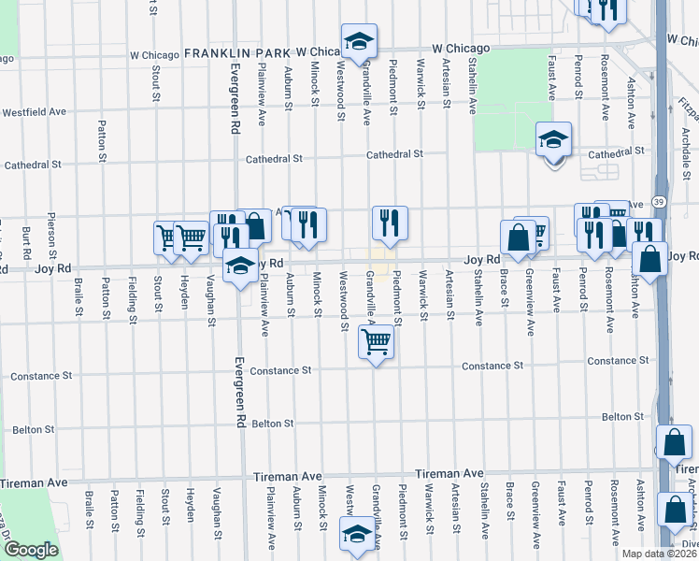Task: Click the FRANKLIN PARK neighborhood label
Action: click(x=238, y=52)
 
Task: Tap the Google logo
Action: click(x=31, y=550)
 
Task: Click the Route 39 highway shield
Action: click(x=660, y=202)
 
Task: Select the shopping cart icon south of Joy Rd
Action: click(x=376, y=342)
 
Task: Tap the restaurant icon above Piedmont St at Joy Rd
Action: click(x=390, y=223)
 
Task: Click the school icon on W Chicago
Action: click(x=358, y=41)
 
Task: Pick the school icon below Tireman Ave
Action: click(x=356, y=533)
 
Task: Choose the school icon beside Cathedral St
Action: click(x=553, y=140)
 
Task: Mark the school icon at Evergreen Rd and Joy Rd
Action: click(x=240, y=265)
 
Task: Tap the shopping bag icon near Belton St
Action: click(x=674, y=441)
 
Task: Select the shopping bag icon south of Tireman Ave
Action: click(x=675, y=510)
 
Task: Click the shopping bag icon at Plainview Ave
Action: click(x=254, y=225)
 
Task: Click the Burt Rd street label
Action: click(x=26, y=241)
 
